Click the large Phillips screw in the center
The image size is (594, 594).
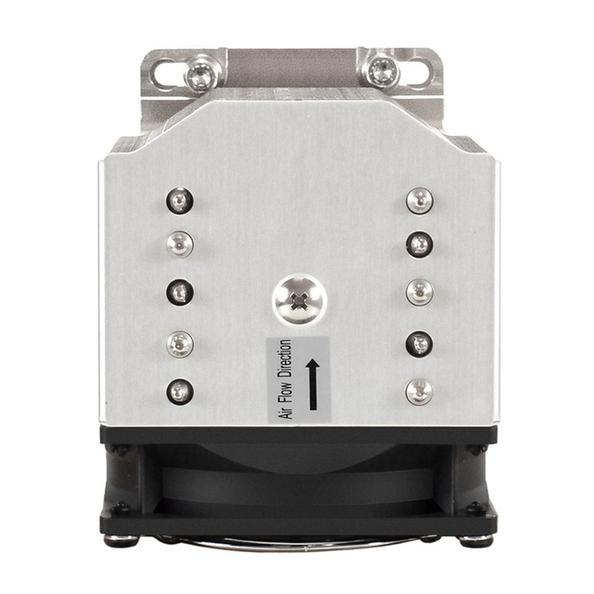point(299,299)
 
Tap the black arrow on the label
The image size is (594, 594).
point(313,384)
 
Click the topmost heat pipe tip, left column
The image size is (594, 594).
point(179,201)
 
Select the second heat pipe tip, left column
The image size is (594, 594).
point(180,244)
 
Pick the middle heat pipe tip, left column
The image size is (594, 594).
point(180,292)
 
